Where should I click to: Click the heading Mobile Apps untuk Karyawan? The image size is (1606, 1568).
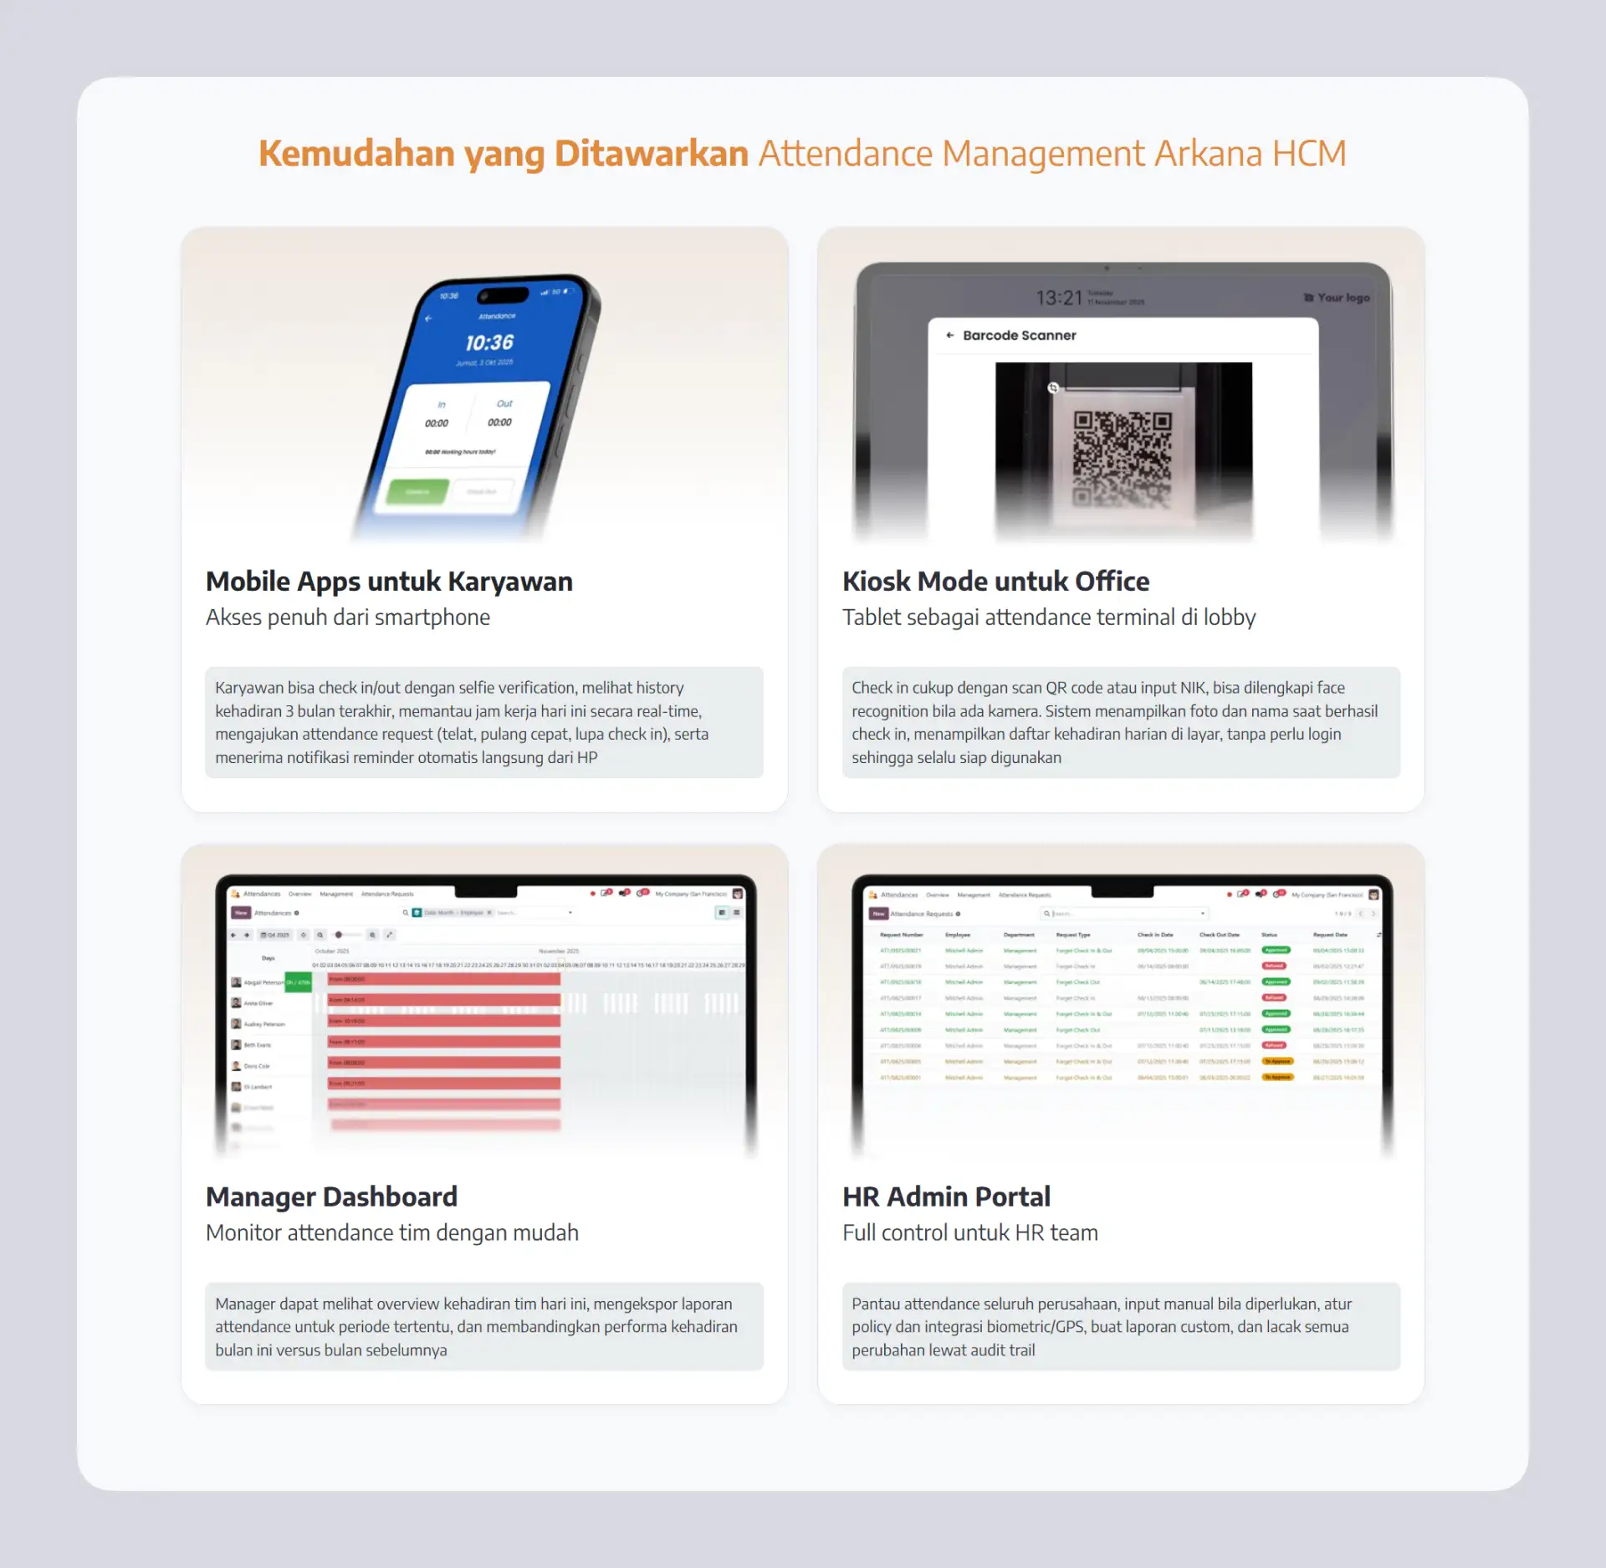coord(389,582)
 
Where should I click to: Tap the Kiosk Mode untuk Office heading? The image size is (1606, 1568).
coord(995,582)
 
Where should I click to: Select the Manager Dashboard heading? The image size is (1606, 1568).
coord(331,1196)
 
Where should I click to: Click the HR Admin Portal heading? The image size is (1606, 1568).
coord(946,1196)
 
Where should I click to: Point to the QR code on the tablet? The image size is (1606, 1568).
coord(1122,459)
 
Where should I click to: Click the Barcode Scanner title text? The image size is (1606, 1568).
coord(1019,336)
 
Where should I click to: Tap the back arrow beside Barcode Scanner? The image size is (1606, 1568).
coord(949,336)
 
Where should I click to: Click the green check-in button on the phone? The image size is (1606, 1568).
coord(417,491)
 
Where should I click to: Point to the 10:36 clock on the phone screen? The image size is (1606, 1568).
coord(489,342)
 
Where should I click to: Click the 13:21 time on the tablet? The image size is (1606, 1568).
coord(1058,298)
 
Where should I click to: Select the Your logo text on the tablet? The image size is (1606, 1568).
coord(1343,298)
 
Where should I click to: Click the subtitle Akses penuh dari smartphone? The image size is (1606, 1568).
coord(348,617)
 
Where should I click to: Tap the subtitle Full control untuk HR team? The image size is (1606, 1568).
coord(969,1232)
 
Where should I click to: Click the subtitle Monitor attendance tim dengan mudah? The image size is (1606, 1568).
coord(391,1232)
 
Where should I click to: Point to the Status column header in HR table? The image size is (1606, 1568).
coord(1269,935)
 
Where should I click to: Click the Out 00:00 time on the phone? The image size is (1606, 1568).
coord(500,422)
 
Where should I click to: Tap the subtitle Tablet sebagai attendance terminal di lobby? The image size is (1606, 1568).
coord(1049,617)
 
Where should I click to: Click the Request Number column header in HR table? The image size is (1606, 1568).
coord(901,935)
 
